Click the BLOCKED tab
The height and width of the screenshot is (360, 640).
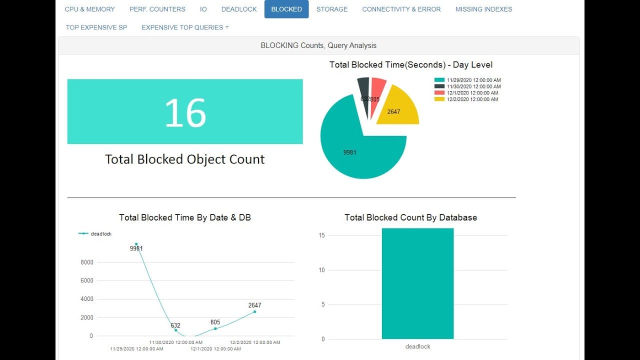[x=286, y=9]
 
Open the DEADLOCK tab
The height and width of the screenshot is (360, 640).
[x=239, y=9]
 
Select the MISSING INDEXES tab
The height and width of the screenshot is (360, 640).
[x=483, y=9]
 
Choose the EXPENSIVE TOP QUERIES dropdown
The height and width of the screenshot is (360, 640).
[x=185, y=27]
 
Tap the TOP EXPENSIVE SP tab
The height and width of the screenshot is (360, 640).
[x=96, y=27]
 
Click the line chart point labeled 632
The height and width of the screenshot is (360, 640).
[x=175, y=330]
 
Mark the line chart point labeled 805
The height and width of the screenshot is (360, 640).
[x=215, y=328]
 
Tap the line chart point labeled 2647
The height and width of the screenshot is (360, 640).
[x=254, y=312]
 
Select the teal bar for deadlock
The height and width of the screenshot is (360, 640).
[x=417, y=283]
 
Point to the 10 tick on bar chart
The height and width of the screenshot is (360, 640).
[x=321, y=270]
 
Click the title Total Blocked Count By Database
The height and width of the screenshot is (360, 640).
[x=410, y=217]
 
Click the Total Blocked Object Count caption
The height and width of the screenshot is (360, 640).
[x=184, y=159]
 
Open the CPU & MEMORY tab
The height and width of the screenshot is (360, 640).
[x=90, y=9]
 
